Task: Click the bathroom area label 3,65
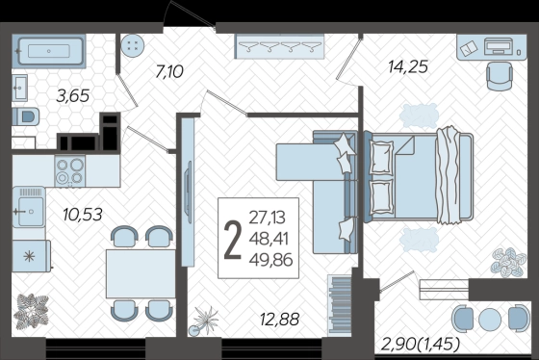(x=73, y=96)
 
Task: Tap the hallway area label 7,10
(x=169, y=72)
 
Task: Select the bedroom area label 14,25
(x=408, y=66)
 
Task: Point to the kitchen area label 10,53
(x=83, y=215)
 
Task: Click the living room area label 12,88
(x=279, y=320)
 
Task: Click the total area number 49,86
(x=270, y=260)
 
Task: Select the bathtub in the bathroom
(x=49, y=51)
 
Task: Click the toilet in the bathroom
(x=26, y=116)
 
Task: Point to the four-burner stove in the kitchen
(x=70, y=171)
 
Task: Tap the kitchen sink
(x=29, y=207)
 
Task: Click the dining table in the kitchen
(x=141, y=273)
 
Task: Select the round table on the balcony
(x=490, y=319)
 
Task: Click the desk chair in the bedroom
(x=500, y=76)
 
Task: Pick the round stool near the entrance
(x=133, y=45)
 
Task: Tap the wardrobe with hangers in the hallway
(x=279, y=46)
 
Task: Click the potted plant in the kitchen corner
(x=31, y=311)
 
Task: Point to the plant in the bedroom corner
(x=509, y=263)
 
